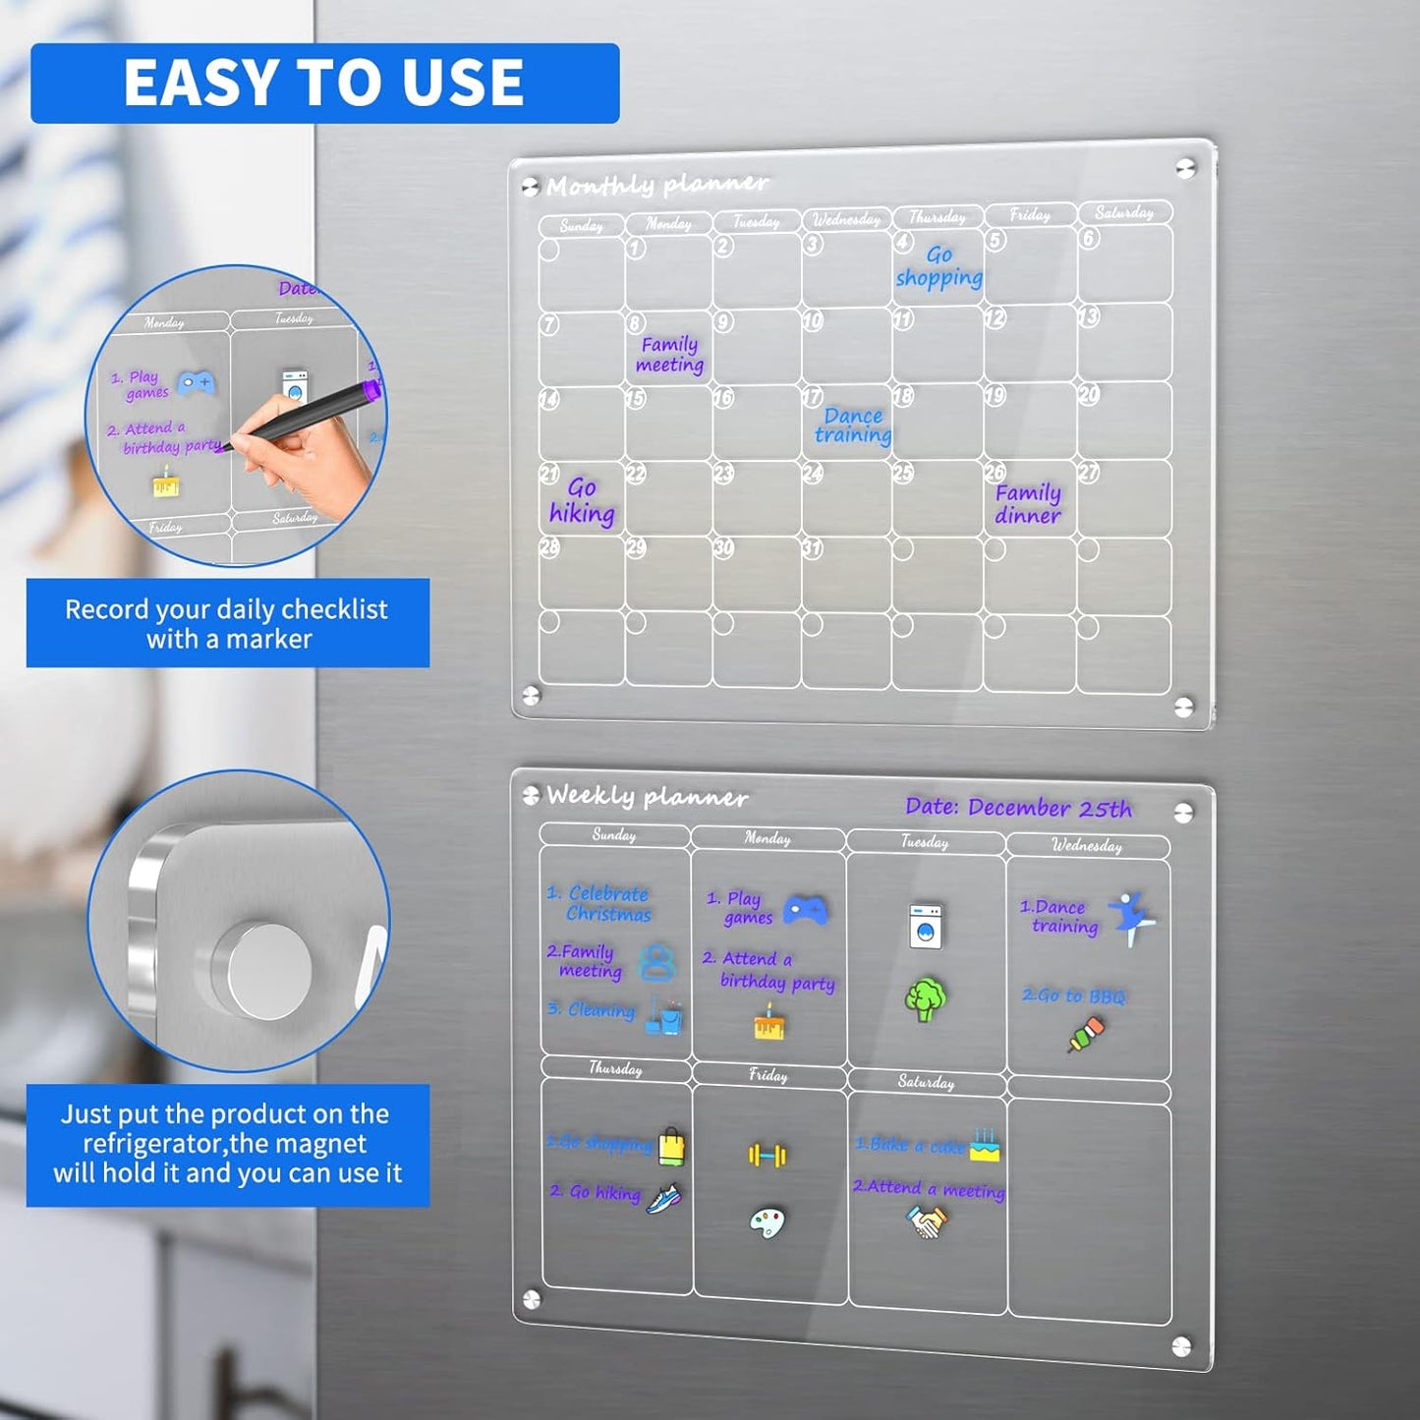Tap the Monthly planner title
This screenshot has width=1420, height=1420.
point(656,185)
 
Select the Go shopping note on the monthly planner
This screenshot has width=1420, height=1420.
point(938,266)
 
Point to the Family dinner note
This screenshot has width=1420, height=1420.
point(1028,503)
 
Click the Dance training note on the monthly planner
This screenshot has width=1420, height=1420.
point(852,426)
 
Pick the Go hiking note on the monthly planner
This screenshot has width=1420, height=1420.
point(582,500)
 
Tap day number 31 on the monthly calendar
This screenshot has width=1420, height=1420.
point(812,548)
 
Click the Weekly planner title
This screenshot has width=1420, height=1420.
point(647,796)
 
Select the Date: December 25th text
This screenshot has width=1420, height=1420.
point(1018,808)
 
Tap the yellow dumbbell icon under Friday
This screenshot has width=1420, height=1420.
point(767,1155)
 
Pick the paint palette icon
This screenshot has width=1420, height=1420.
point(767,1222)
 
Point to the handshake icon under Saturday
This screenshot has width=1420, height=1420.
point(926,1222)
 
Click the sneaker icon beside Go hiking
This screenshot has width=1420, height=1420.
point(664,1198)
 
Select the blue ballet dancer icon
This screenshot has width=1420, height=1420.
point(1131,917)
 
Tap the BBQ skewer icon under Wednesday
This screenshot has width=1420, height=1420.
point(1086,1034)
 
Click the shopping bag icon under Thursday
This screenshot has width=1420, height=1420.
point(671,1146)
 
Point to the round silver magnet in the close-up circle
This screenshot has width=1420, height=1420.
point(264,969)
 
